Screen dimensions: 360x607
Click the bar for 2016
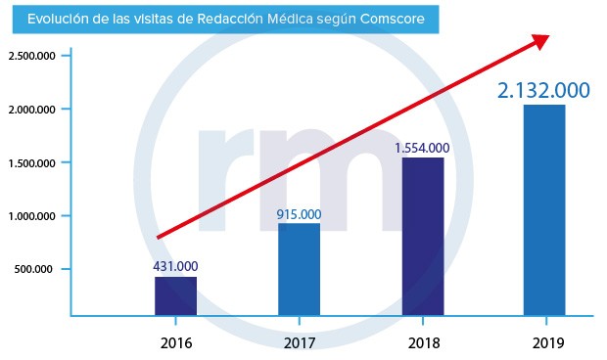pyautogui.click(x=175, y=296)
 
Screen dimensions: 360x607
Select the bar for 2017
pyautogui.click(x=299, y=270)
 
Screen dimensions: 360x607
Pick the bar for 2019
pyautogui.click(x=544, y=210)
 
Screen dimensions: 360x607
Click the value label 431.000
pyautogui.click(x=175, y=265)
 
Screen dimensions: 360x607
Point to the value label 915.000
pyautogui.click(x=299, y=213)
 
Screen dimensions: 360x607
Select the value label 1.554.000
pyautogui.click(x=422, y=148)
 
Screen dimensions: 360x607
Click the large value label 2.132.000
pyautogui.click(x=543, y=90)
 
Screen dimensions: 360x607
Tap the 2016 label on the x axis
pyautogui.click(x=175, y=342)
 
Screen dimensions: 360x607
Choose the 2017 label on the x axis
pyautogui.click(x=299, y=342)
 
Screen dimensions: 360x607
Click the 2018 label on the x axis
pyautogui.click(x=422, y=342)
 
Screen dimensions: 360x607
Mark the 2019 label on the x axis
pyautogui.click(x=544, y=342)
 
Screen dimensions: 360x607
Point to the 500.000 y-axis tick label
pyautogui.click(x=32, y=269)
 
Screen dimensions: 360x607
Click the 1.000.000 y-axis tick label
pyautogui.click(x=29, y=216)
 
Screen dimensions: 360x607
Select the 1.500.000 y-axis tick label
pyautogui.click(x=29, y=162)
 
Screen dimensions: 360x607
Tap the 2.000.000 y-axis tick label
pyautogui.click(x=29, y=110)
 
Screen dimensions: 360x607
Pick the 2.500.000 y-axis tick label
pyautogui.click(x=29, y=56)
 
